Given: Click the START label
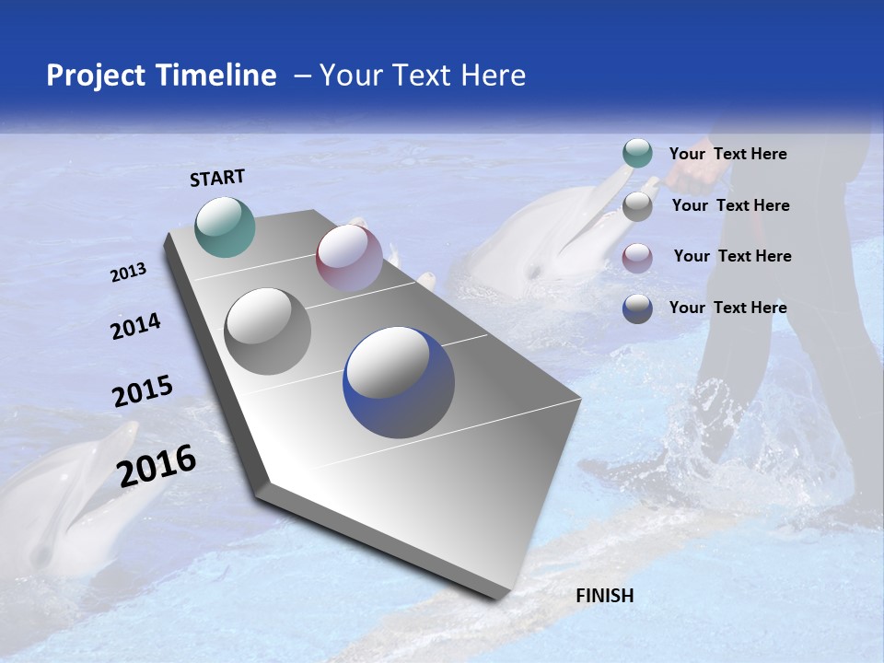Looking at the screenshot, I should click(x=217, y=178).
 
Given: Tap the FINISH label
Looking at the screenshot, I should click(x=604, y=596).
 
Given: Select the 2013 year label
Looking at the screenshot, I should click(x=128, y=273).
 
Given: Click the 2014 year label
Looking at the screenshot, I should click(x=135, y=326).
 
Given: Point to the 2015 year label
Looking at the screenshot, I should click(x=142, y=391).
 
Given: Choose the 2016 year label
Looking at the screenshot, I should click(x=157, y=465).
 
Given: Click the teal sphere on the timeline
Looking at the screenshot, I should click(x=226, y=227).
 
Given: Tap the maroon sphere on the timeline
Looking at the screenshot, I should click(x=349, y=257).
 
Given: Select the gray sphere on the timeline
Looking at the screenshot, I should click(x=268, y=331).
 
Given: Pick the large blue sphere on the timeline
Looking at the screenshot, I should click(x=399, y=382).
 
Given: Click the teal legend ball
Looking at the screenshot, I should click(x=637, y=153).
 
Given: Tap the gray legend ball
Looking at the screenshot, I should click(x=637, y=206).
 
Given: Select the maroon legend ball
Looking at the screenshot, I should click(x=637, y=258).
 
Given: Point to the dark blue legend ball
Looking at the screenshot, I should click(x=637, y=308).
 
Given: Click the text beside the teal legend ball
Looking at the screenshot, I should click(x=727, y=154).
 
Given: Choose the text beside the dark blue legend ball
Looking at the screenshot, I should click(x=727, y=308).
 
